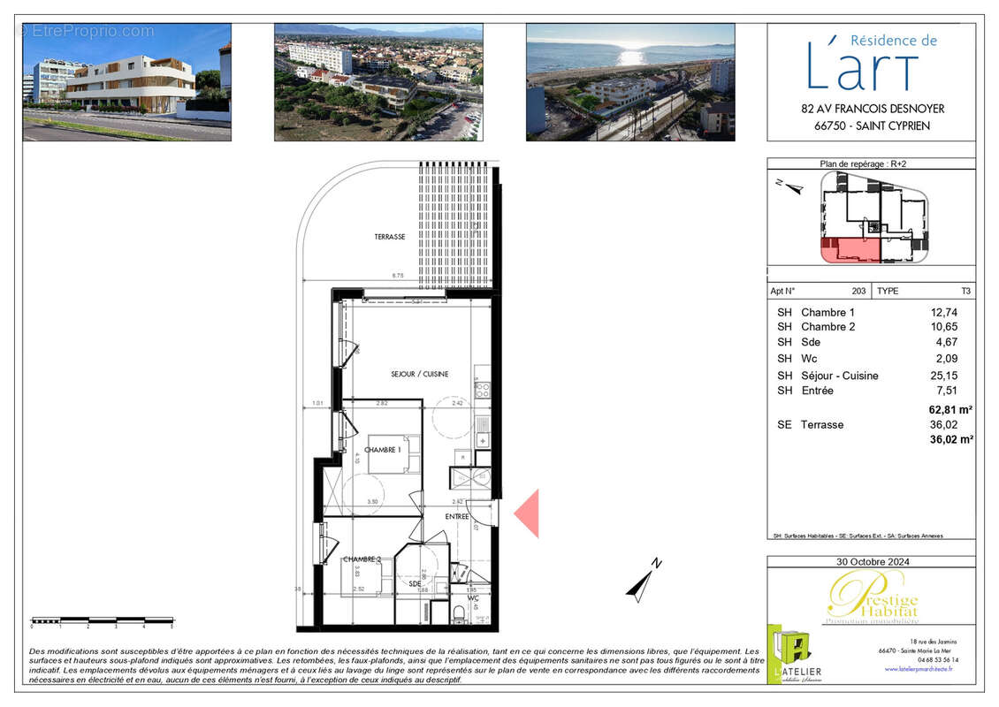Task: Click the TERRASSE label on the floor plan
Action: (389, 237)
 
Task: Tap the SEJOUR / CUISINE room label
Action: (419, 374)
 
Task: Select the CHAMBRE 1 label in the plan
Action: (383, 450)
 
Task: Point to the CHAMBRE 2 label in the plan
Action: (362, 559)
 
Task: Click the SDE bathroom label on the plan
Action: (415, 583)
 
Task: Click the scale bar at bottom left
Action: (102, 620)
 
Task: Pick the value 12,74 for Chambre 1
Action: (943, 312)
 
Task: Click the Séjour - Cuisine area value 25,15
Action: (943, 376)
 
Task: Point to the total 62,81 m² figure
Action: (950, 409)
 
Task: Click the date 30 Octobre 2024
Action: (872, 562)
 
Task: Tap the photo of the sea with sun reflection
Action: (629, 82)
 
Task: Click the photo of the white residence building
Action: (126, 82)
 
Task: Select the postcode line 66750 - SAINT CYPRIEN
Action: (870, 125)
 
